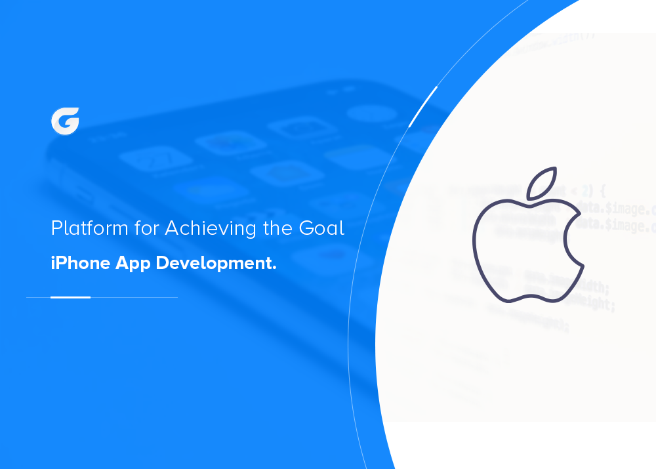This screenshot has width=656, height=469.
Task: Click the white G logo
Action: (x=65, y=121)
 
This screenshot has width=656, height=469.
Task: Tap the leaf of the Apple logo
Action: (x=542, y=183)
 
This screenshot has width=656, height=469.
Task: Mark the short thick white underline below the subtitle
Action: (x=70, y=297)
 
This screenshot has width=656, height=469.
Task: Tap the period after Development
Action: (x=274, y=268)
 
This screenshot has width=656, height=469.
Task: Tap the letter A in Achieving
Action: (x=172, y=229)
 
